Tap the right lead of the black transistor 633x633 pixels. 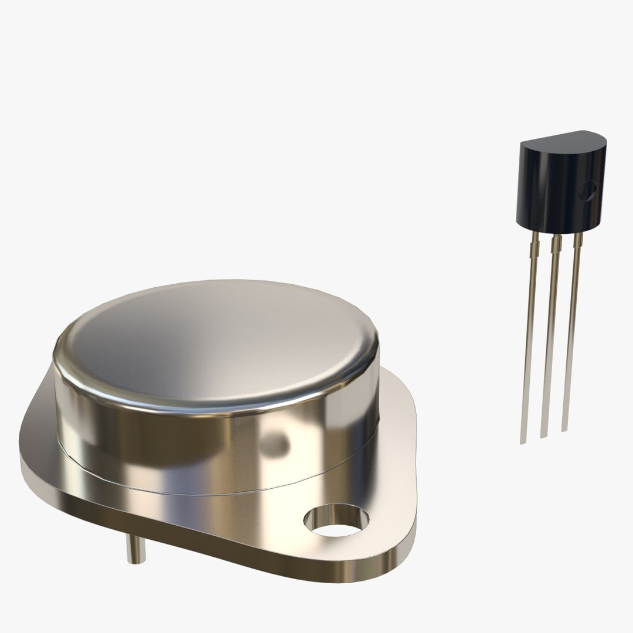[569, 340]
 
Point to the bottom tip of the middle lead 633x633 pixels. [543, 435]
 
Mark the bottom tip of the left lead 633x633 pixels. [523, 441]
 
